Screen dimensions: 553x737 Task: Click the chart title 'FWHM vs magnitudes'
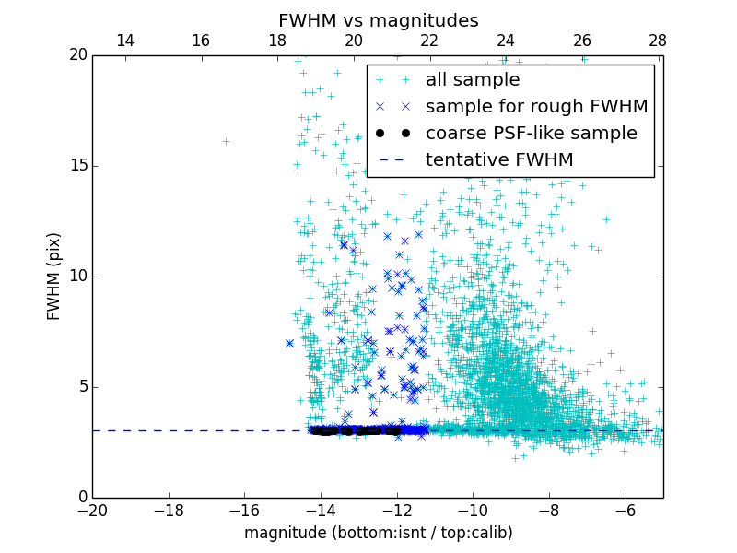pyautogui.click(x=378, y=20)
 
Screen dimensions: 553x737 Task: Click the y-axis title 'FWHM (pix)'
pyautogui.click(x=54, y=276)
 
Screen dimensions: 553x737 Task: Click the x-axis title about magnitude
pyautogui.click(x=378, y=533)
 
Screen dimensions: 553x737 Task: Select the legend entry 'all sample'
pyautogui.click(x=472, y=80)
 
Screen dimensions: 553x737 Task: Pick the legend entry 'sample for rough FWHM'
pyautogui.click(x=536, y=107)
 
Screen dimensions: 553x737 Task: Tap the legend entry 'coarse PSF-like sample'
pyautogui.click(x=531, y=134)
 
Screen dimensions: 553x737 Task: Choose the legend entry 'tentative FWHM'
pyautogui.click(x=498, y=160)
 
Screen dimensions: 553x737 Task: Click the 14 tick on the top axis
pyautogui.click(x=124, y=41)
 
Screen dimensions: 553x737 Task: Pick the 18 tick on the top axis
pyautogui.click(x=277, y=41)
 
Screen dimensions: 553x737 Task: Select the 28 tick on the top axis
pyautogui.click(x=658, y=41)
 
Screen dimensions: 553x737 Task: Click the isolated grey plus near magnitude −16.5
pyautogui.click(x=226, y=141)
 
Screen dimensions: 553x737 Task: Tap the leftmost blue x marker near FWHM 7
pyautogui.click(x=289, y=343)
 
